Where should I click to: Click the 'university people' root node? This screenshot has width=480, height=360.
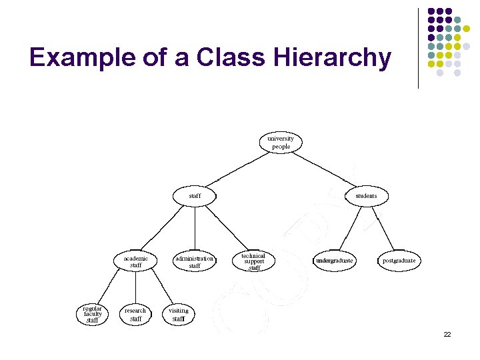click(x=281, y=143)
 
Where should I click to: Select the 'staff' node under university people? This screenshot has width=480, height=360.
click(x=195, y=196)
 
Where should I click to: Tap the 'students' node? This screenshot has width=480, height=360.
click(x=366, y=196)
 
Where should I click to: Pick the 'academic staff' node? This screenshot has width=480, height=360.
click(x=136, y=261)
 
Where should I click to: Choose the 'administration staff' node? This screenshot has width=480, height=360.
click(x=194, y=261)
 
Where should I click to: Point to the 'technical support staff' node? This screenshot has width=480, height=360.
click(x=253, y=261)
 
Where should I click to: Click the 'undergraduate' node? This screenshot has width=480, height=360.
click(x=335, y=261)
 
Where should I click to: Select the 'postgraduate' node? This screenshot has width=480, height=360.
click(x=399, y=261)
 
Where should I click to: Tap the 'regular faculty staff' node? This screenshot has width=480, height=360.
click(x=93, y=315)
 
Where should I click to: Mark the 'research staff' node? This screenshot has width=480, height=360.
click(x=135, y=315)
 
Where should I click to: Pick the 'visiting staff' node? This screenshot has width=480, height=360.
click(x=179, y=315)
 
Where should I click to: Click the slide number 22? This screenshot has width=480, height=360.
click(x=447, y=334)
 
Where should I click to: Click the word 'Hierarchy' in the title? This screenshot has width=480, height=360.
click(x=331, y=58)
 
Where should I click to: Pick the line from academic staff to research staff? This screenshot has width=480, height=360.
click(x=136, y=288)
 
